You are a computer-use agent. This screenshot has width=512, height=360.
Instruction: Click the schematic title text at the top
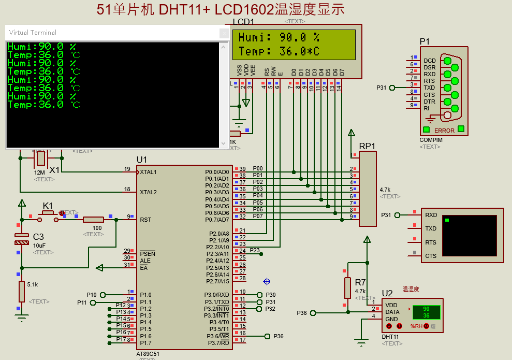[x=220, y=9]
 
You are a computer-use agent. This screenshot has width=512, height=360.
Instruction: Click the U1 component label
[x=142, y=160]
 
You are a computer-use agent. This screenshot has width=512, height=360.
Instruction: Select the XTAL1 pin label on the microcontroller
[x=148, y=171]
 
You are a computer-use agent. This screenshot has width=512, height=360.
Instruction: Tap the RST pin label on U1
[x=145, y=219]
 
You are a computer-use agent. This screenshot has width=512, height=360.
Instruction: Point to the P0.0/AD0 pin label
[x=217, y=171]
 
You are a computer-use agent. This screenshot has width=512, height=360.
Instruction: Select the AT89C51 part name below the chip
[x=148, y=354]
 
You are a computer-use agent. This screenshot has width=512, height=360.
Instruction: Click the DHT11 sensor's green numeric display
[x=426, y=312]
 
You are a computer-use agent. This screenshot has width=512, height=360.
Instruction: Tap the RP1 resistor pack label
[x=367, y=146]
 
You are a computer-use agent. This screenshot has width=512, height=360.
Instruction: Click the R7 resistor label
[x=360, y=282]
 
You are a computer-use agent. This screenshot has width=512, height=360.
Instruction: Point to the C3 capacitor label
[x=38, y=236]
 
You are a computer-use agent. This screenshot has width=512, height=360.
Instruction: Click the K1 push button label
[x=48, y=205]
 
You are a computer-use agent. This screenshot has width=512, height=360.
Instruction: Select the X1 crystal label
[x=54, y=170]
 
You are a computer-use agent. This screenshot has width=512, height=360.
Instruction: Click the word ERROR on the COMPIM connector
[x=444, y=131]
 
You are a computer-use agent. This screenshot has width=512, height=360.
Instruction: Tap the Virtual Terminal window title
[x=33, y=32]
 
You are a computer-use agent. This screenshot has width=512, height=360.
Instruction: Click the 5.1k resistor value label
[x=32, y=284]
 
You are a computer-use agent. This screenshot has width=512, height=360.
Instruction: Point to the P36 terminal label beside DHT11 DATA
[x=302, y=312]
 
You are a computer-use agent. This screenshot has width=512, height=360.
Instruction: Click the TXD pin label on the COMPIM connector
[x=429, y=88]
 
